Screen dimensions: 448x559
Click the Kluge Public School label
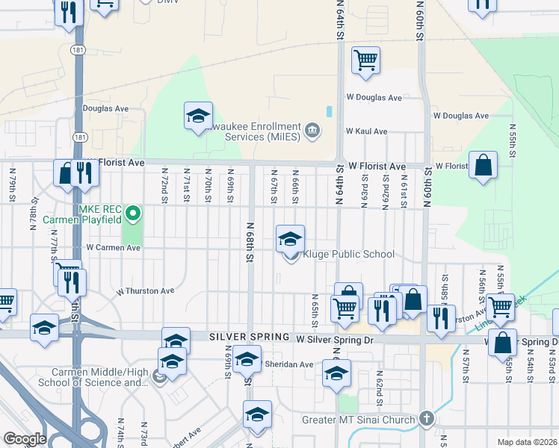pyautogui.click(x=348, y=255)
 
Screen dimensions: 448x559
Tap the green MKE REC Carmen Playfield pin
pyautogui.click(x=133, y=215)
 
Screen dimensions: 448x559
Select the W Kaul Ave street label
pyautogui.click(x=366, y=131)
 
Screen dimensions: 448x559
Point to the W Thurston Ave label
pyautogui.click(x=145, y=290)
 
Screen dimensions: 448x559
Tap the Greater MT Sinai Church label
pyautogui.click(x=358, y=420)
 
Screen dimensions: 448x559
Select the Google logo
pyautogui.click(x=25, y=439)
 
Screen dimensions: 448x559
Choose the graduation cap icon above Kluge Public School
pyautogui.click(x=291, y=239)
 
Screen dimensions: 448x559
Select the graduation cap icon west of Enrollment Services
pyautogui.click(x=198, y=116)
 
